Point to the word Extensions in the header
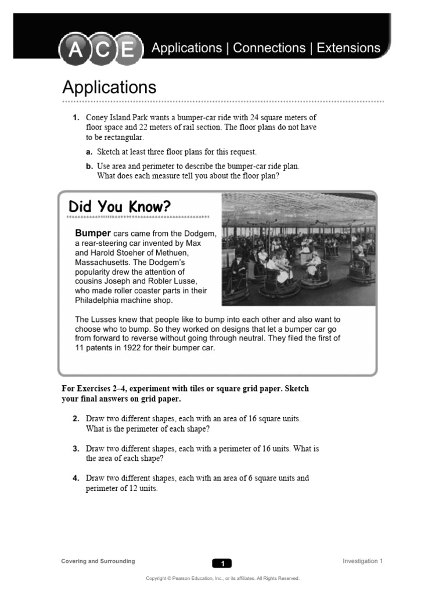point(348,48)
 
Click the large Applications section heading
point(109,88)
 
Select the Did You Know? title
point(120,207)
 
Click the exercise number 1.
point(75,117)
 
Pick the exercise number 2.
point(75,419)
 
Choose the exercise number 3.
point(75,449)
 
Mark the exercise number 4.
point(75,478)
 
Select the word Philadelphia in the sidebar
point(99,300)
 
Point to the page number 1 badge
point(222,563)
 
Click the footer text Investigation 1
point(362,561)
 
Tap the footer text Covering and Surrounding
point(98,561)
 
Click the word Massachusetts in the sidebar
point(103,263)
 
